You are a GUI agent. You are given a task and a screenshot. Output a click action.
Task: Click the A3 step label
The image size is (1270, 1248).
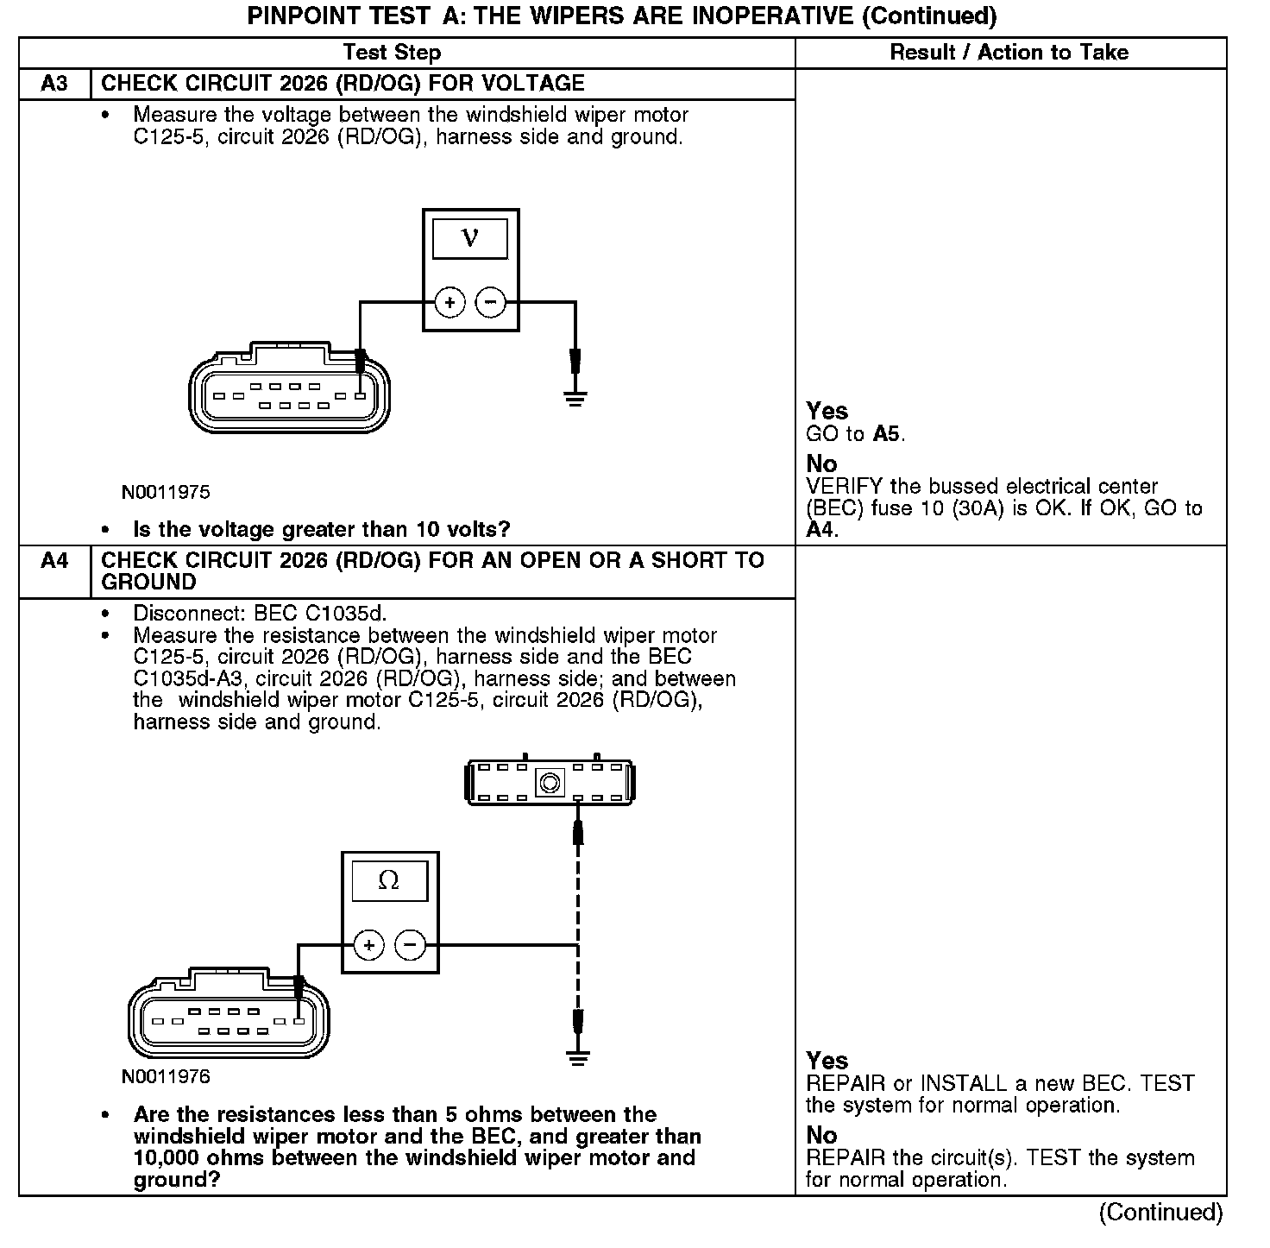[53, 84]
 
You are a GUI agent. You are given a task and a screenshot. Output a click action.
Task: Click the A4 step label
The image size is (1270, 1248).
[53, 561]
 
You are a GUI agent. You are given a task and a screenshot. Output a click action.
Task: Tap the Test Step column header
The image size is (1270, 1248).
[392, 53]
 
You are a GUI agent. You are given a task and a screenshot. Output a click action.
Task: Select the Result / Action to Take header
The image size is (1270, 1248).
[1009, 53]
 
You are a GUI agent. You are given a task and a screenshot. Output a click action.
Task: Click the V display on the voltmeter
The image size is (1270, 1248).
[470, 237]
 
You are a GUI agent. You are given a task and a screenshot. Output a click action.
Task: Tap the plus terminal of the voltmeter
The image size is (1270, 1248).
[450, 302]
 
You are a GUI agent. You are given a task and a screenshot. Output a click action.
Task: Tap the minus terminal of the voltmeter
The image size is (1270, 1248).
[491, 302]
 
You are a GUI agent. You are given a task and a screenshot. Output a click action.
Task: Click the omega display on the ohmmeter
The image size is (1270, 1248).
[389, 880]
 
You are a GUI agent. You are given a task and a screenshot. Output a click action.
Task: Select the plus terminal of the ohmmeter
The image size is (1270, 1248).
[369, 945]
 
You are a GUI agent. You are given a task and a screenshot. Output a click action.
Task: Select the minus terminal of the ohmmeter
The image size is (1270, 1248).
[410, 945]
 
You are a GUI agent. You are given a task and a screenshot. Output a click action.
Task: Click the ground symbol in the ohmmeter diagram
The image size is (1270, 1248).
[578, 1058]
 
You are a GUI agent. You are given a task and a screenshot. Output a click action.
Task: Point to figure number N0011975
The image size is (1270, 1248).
[166, 493]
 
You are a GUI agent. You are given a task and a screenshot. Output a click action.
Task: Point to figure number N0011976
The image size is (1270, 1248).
[166, 1077]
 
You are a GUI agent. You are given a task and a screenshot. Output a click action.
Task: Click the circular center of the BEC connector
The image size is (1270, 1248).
[550, 783]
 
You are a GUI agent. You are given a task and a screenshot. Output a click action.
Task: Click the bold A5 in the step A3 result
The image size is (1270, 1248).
[887, 433]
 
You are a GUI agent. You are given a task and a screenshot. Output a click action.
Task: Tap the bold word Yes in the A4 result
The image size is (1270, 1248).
[827, 1061]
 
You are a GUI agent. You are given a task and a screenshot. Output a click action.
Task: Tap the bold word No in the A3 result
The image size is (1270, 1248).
[821, 463]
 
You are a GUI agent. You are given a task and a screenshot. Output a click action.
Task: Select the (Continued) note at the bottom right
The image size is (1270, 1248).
[1160, 1213]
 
